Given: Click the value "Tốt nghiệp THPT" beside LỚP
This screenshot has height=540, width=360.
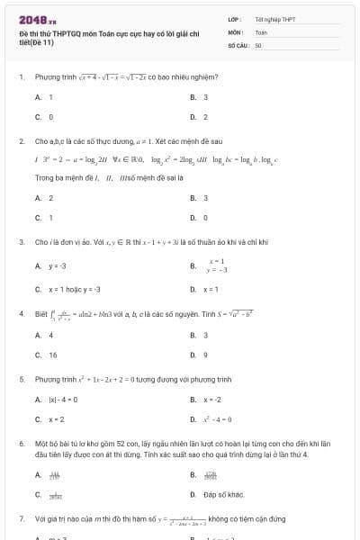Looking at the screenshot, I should point(275,19).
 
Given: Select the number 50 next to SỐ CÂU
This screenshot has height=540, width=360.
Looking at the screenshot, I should point(258,44).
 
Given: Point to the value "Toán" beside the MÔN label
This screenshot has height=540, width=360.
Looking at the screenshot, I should point(261,31).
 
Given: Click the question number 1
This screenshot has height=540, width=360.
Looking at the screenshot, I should point(21,76).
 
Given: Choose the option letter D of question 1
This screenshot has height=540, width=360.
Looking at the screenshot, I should point(193,117).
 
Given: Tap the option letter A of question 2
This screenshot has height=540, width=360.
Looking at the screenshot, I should point(38,197).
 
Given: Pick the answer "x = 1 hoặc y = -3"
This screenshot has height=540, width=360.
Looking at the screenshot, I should point(75,289).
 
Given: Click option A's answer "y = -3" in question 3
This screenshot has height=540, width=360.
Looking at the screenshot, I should point(58,265).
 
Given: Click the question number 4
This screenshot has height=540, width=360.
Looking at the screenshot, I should point(21,313).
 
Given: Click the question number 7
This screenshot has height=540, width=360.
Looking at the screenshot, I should point(21,519).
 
